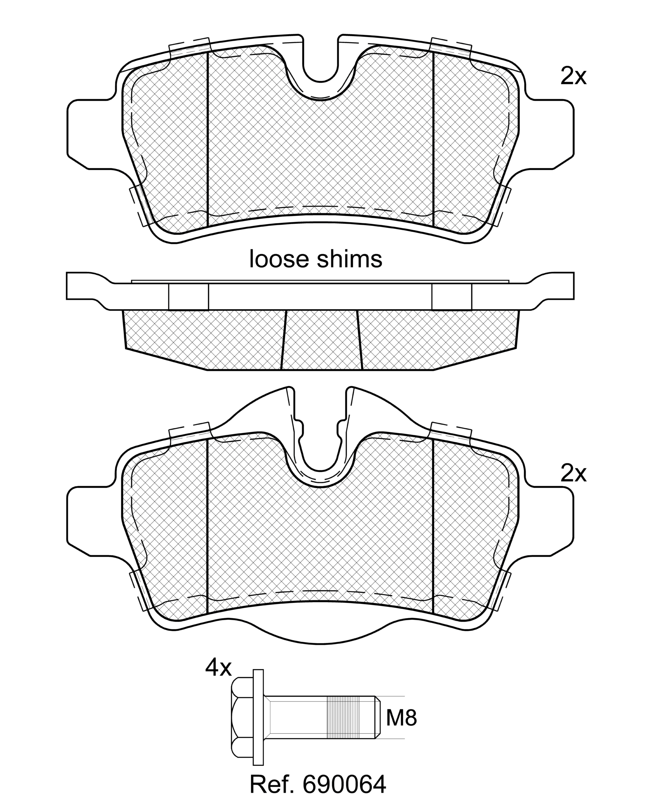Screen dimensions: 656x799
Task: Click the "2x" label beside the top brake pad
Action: pos(573,77)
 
